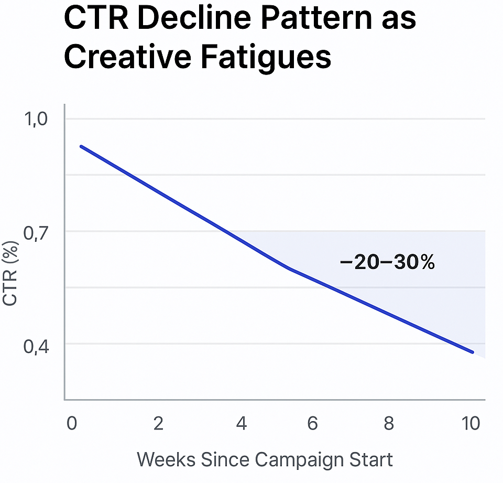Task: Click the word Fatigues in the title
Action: coord(266,57)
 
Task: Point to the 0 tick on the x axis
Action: coord(72,423)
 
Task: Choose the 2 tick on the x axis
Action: coord(159,423)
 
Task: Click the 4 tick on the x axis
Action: coord(241,423)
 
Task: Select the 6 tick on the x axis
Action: coord(313,423)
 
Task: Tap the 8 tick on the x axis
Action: coord(388,423)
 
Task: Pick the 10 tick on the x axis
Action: coord(472,423)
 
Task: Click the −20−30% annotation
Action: coord(387,263)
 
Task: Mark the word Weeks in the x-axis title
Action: coord(166,459)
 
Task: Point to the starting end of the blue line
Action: coord(81,146)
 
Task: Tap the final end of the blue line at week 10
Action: coord(473,352)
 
